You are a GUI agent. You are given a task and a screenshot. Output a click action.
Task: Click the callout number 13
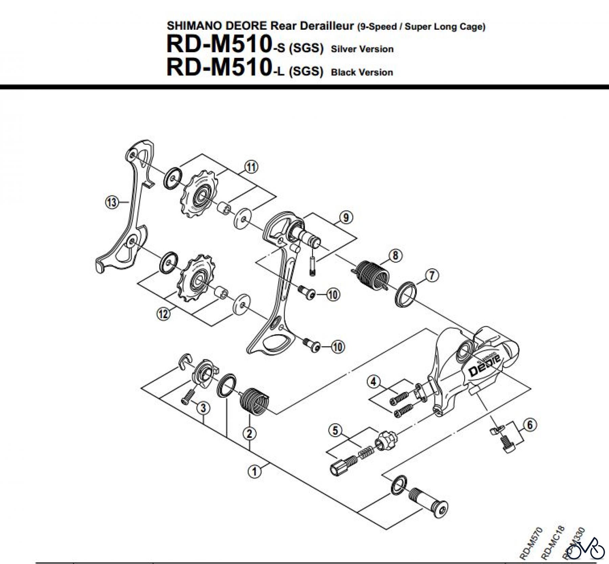[x=112, y=203]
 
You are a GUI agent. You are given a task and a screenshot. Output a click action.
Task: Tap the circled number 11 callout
[x=251, y=167]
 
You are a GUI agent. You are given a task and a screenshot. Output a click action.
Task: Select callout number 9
[x=345, y=217]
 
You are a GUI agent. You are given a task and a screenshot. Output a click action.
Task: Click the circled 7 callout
[x=432, y=275]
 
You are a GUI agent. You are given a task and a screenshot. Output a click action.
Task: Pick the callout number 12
[x=163, y=314]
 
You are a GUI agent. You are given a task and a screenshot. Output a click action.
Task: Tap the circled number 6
[x=530, y=425]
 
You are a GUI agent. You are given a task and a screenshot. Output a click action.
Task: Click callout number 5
[x=335, y=431]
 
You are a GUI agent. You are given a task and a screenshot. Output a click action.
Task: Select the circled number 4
[x=373, y=382]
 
